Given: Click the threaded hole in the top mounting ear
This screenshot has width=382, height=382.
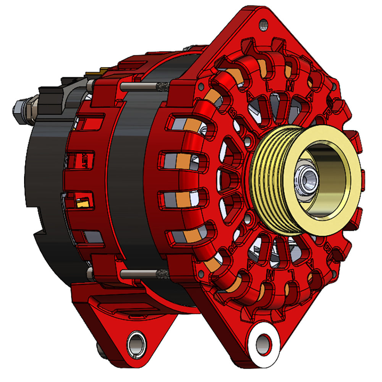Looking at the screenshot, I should tap(263, 26).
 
